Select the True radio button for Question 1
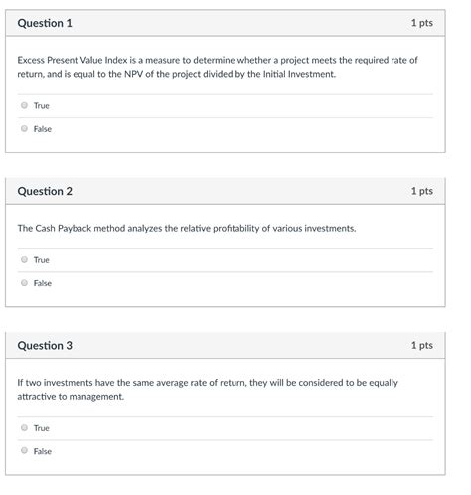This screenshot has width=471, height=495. tap(24, 105)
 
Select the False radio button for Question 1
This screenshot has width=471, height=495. tap(24, 128)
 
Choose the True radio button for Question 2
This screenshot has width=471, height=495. tap(24, 260)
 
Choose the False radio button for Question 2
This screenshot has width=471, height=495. tap(24, 283)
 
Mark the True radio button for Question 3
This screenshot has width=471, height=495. tap(24, 428)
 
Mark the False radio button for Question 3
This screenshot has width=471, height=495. tap(24, 451)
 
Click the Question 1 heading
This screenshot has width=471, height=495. tap(45, 23)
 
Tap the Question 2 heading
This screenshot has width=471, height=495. tap(45, 191)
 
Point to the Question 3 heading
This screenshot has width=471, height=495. tap(45, 346)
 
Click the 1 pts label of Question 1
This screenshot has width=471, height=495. tap(421, 23)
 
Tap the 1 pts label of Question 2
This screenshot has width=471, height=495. tap(421, 191)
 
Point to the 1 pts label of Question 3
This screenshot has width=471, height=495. tap(421, 346)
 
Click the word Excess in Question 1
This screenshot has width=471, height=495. tap(31, 60)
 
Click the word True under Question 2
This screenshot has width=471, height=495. tap(41, 260)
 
